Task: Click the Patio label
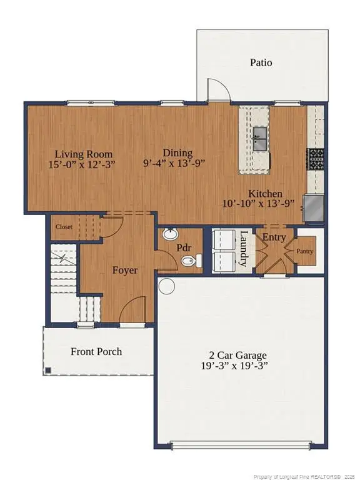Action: point(261,62)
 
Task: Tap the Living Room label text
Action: point(83,154)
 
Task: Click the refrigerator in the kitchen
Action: point(314,209)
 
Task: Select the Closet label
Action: point(64,227)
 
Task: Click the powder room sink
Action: point(169,236)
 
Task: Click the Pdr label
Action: point(183,247)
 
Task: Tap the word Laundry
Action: point(244,249)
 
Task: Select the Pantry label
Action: point(304,251)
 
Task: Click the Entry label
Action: point(273,237)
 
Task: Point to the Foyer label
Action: point(125,271)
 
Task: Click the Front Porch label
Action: point(96,351)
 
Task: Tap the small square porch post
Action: point(48,370)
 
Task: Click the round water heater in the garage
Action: point(166,286)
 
